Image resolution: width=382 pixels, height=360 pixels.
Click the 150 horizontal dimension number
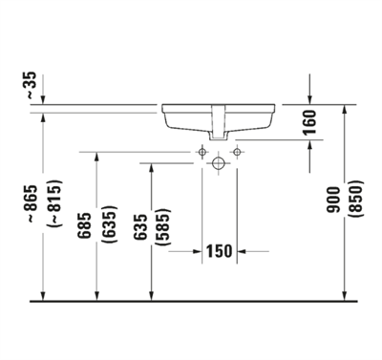221,252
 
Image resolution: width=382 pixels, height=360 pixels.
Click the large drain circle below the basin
220,162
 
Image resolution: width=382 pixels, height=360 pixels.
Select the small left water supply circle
202,151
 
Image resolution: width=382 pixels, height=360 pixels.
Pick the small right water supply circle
237,151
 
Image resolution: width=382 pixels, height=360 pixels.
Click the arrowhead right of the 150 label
243,252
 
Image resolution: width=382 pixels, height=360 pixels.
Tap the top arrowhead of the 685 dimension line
96,157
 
